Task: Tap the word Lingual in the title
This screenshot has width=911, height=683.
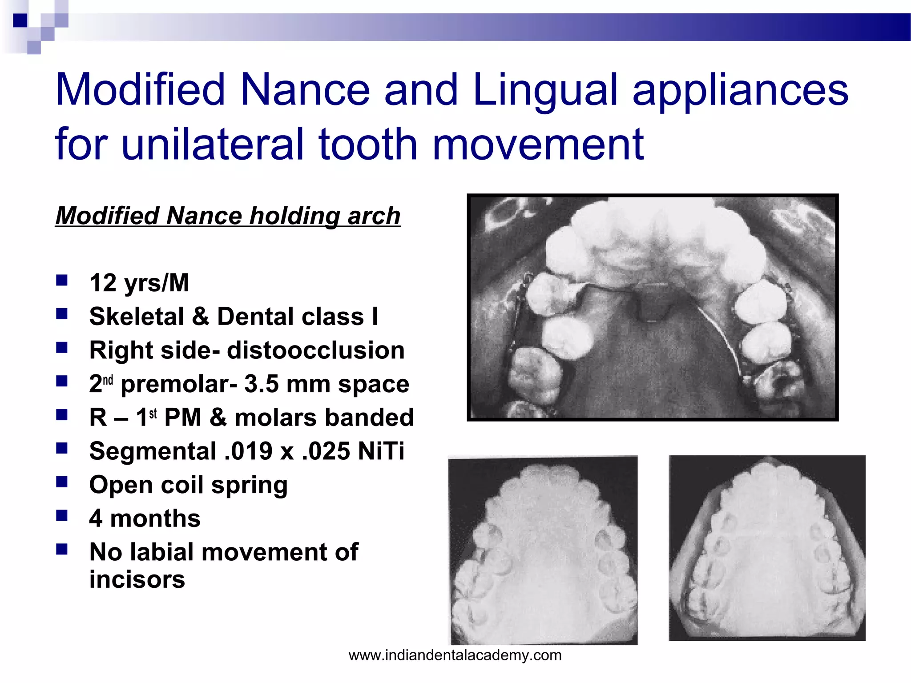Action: pyautogui.click(x=545, y=90)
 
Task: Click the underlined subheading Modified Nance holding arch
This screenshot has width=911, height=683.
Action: pyautogui.click(x=228, y=216)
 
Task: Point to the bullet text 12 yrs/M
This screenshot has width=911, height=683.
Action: pyautogui.click(x=139, y=283)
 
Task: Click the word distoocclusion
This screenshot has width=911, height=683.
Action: pyautogui.click(x=316, y=350)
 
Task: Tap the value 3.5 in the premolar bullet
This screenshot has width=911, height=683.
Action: pyautogui.click(x=260, y=384)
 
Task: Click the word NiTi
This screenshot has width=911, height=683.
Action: pyautogui.click(x=381, y=451)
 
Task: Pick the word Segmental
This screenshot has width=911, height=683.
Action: pyautogui.click(x=153, y=451)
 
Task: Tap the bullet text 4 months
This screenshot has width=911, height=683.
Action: pyautogui.click(x=145, y=518)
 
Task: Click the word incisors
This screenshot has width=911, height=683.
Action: pyautogui.click(x=137, y=580)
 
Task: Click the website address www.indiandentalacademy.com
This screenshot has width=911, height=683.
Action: pyautogui.click(x=455, y=655)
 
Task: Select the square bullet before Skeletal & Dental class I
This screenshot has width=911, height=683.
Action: pyautogui.click(x=62, y=315)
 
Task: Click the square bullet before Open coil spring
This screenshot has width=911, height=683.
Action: pyautogui.click(x=62, y=482)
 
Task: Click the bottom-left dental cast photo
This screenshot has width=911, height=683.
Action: pyautogui.click(x=543, y=550)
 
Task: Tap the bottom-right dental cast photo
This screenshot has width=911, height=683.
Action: pyautogui.click(x=767, y=548)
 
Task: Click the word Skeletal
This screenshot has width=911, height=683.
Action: pyautogui.click(x=137, y=317)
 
